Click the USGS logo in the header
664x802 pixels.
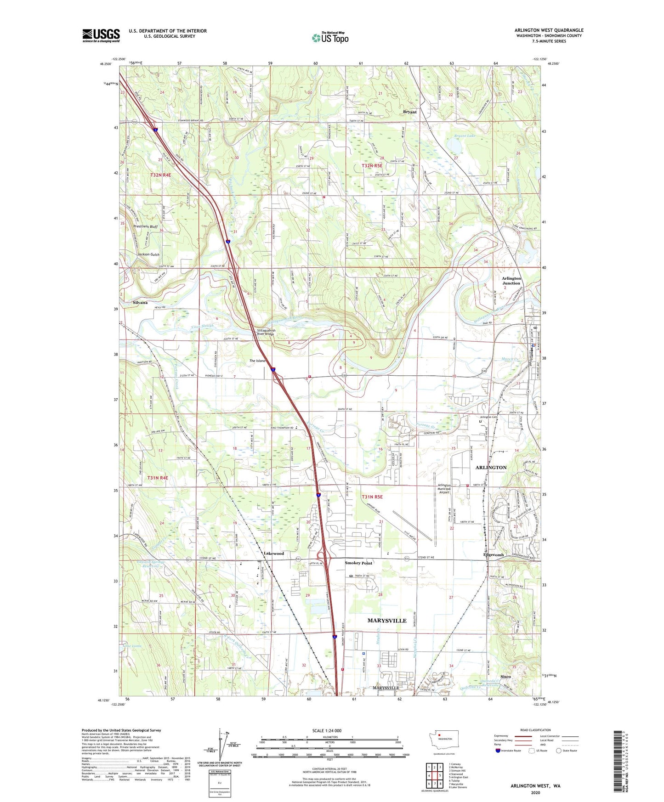(101, 35)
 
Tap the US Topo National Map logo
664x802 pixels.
(330, 37)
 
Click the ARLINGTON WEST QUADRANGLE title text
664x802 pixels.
(549, 30)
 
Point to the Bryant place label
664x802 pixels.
(409, 112)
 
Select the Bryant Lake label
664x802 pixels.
(465, 136)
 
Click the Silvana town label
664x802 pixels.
(140, 303)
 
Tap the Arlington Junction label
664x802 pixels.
(511, 281)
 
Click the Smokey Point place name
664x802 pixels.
(358, 563)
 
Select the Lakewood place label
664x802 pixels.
(274, 553)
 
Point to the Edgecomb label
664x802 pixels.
(494, 555)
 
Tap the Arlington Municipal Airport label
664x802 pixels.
(444, 489)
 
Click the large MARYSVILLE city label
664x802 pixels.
(387, 621)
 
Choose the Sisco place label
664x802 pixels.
(505, 677)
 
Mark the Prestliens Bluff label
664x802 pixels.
(145, 226)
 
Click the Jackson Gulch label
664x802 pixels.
(148, 254)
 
